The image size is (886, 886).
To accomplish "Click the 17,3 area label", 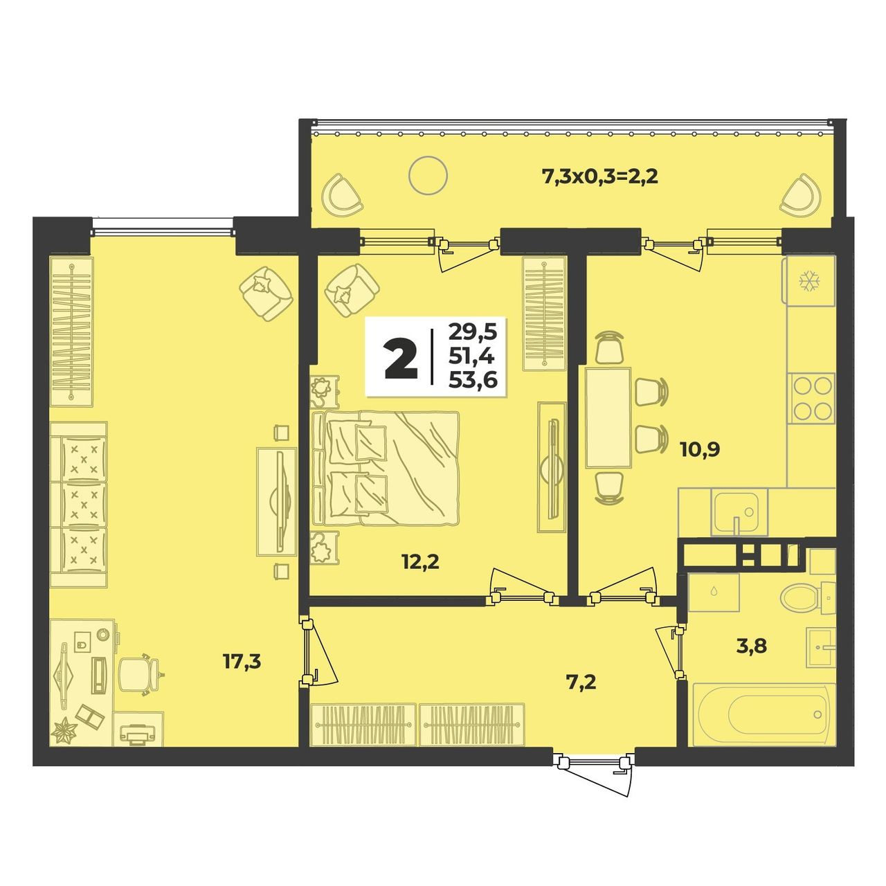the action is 242,662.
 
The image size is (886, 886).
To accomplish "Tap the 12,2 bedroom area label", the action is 420,561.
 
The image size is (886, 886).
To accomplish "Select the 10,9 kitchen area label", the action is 700,450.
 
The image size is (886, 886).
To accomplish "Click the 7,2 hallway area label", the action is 581,682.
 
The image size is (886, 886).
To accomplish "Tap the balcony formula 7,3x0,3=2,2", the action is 601,177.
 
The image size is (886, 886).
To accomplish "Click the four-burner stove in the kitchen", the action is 811,399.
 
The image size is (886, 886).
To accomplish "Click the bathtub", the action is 763,727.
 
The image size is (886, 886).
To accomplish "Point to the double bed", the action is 386,468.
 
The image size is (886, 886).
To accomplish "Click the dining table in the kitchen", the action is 608,417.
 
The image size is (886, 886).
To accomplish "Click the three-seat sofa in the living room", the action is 79,505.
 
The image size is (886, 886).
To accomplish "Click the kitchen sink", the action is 739,512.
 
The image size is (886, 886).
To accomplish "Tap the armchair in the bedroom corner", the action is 352,290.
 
